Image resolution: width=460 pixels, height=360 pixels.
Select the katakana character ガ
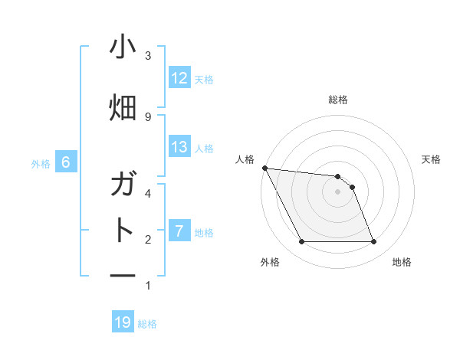click(123, 185)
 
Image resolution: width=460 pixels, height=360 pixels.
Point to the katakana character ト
click(123, 230)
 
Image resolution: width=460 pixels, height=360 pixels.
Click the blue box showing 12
click(179, 78)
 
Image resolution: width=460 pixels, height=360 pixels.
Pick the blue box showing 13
click(179, 147)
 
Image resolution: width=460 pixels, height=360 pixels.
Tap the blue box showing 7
click(179, 231)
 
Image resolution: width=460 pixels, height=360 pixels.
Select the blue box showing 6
click(66, 162)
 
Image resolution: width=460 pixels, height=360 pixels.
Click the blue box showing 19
click(123, 322)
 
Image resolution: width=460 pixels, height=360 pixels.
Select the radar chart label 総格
click(338, 100)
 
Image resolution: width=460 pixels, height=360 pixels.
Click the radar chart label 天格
click(432, 159)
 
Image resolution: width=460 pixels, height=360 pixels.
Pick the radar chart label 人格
click(245, 159)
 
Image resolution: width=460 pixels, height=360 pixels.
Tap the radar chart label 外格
click(270, 262)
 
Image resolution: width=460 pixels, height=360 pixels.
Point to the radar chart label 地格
click(402, 262)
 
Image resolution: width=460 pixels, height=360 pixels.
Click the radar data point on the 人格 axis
click(264, 168)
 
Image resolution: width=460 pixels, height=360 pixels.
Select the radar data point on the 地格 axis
click(374, 242)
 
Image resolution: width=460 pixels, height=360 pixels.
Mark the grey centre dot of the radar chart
click(338, 191)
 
